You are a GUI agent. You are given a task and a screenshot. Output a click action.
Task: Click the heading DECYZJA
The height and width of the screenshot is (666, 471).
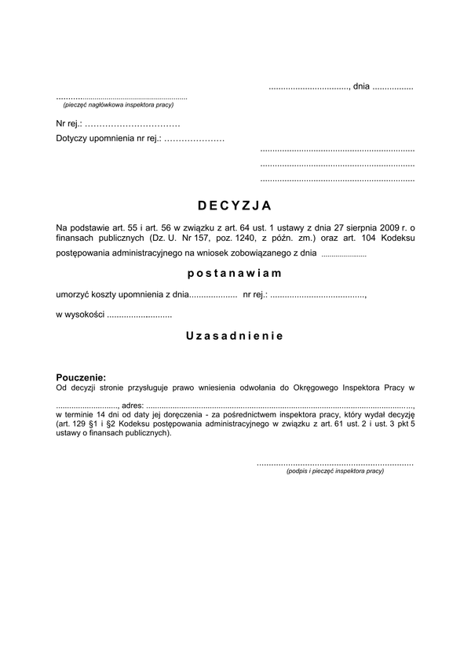[235, 206]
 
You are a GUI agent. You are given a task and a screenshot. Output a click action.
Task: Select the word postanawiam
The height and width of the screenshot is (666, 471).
[235, 274]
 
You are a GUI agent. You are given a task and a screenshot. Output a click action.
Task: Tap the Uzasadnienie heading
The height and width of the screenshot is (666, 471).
[235, 335]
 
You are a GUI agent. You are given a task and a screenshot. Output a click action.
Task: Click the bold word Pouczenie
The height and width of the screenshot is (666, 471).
[80, 377]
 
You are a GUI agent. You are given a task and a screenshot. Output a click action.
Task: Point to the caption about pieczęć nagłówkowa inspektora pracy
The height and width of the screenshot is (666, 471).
[118, 104]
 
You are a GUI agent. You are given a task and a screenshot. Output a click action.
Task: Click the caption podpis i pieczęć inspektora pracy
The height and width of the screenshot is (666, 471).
[335, 471]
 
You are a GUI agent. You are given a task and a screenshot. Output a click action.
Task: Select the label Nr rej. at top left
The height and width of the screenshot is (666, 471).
[69, 124]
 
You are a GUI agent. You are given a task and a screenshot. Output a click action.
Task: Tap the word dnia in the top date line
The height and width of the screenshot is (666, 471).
[361, 86]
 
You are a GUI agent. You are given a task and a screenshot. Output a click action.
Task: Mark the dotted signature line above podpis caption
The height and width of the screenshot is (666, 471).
[335, 463]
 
